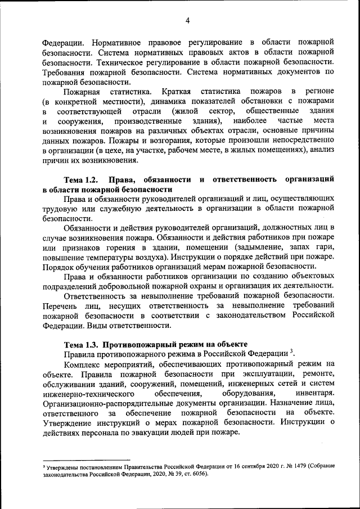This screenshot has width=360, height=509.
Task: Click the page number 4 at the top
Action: pyautogui.click(x=188, y=21)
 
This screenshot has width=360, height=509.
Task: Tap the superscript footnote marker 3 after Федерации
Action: pyautogui.click(x=292, y=351)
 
